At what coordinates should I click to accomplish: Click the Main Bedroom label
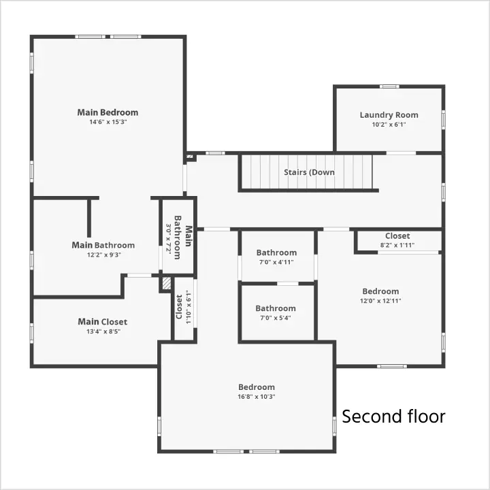(108, 112)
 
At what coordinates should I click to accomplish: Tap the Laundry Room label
(389, 115)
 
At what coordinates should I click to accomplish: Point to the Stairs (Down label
(309, 172)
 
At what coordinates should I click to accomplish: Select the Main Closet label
(103, 321)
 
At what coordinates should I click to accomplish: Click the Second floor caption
(393, 416)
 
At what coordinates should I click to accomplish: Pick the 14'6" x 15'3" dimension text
(108, 122)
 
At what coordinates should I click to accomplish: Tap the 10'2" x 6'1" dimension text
(389, 125)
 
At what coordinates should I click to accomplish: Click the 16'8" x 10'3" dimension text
(257, 397)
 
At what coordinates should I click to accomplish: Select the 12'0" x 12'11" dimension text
(380, 301)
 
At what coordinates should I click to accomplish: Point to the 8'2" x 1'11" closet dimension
(397, 245)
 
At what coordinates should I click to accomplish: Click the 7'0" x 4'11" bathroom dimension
(276, 262)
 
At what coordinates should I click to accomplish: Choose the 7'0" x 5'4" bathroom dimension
(276, 318)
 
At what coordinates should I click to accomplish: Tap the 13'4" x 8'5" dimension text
(103, 331)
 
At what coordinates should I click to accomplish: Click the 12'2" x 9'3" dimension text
(104, 255)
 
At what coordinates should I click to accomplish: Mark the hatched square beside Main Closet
(167, 283)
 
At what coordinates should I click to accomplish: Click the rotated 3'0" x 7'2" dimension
(169, 239)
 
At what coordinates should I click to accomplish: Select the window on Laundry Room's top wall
(389, 86)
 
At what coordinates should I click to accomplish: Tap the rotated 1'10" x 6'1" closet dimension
(188, 307)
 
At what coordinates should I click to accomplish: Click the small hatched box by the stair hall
(190, 157)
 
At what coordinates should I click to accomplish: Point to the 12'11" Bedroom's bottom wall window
(392, 366)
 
